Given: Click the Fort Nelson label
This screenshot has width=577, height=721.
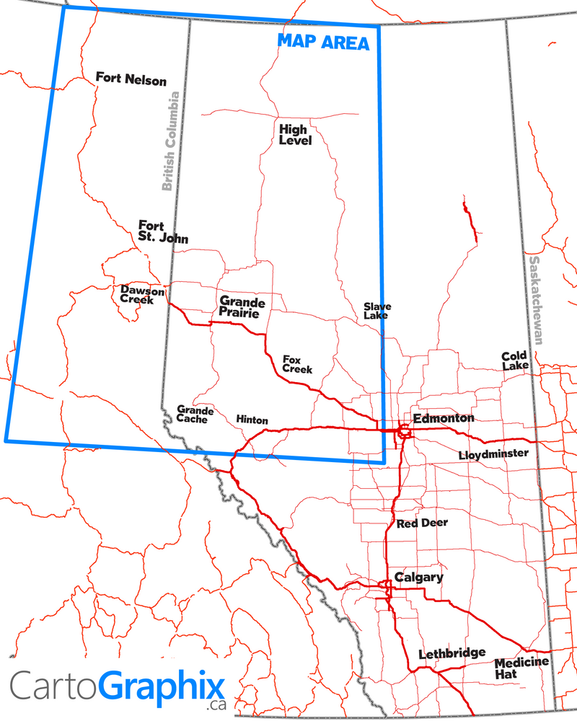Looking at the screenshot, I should click(131, 79).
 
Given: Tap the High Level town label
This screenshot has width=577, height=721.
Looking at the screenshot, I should click(295, 135).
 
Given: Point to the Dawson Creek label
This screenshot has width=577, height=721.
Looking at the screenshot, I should click(142, 295).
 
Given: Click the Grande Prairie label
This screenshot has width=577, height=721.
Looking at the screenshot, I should click(242, 308).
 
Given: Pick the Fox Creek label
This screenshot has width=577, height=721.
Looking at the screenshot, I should click(297, 364).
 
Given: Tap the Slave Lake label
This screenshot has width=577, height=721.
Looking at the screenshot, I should click(376, 311).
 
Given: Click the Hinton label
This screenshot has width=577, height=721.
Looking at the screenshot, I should click(252, 420).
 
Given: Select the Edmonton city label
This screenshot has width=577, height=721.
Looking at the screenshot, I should click(444, 418).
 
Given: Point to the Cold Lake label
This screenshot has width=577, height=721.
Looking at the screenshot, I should click(515, 360).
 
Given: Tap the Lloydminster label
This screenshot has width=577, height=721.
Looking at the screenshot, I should click(493, 454).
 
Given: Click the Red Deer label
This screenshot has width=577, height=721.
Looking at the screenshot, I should click(422, 523).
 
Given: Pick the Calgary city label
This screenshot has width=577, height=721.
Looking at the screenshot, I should click(418, 578).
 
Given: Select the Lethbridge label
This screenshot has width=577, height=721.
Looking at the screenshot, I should click(452, 653).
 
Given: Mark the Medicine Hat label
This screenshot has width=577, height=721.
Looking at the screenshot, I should click(521, 668).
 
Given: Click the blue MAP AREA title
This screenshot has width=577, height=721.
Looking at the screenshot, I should click(323, 43).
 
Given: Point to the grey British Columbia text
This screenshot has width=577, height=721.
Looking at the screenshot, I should click(169, 141).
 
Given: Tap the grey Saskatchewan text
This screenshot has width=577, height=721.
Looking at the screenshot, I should click(536, 299).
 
